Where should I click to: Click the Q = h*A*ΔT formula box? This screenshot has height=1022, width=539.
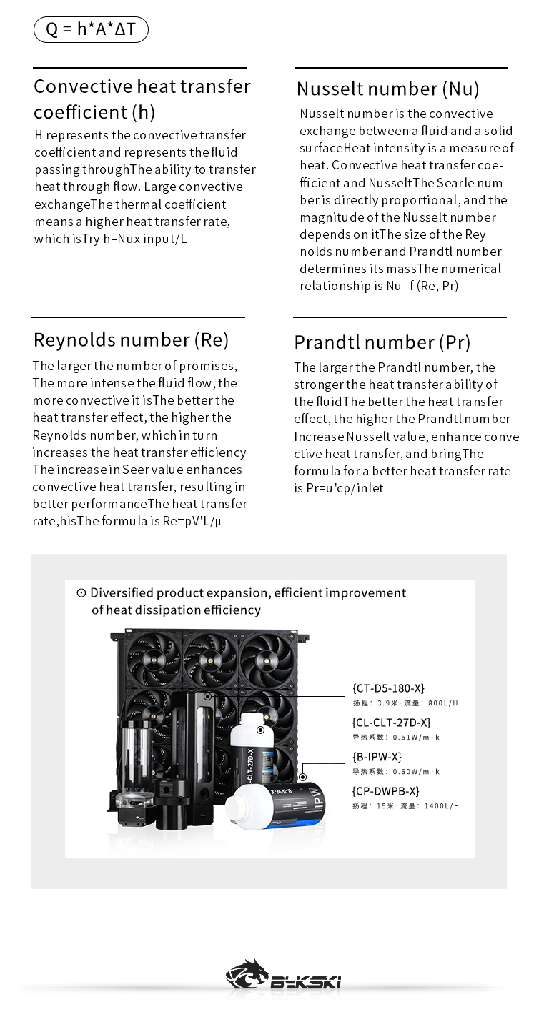click(x=91, y=29)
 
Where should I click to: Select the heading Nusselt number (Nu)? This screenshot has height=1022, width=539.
click(x=387, y=89)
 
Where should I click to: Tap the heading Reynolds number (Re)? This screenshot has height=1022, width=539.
click(x=131, y=339)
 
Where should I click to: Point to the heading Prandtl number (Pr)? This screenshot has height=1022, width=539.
click(x=382, y=342)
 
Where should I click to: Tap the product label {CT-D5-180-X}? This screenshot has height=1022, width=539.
click(x=388, y=688)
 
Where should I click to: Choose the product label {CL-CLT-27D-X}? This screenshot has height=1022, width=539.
click(x=391, y=723)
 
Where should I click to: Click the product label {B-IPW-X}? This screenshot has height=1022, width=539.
click(x=377, y=757)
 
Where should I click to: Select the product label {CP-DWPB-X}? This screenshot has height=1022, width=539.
click(x=385, y=791)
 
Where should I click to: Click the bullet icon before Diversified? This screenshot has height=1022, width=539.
click(x=81, y=592)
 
